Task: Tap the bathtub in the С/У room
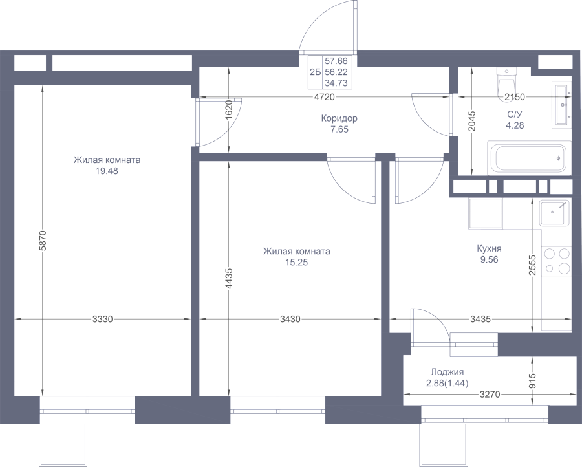529,158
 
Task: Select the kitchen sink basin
554,213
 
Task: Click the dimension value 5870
43,240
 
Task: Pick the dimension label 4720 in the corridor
325,97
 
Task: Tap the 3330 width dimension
102,319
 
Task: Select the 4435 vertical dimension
229,278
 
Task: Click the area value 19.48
107,171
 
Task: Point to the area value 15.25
297,263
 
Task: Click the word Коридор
339,118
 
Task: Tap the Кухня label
490,248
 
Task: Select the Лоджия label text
447,372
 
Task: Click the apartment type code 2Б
315,72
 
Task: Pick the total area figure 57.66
336,61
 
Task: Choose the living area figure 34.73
336,83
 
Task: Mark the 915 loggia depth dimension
533,381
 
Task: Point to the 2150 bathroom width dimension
515,97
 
